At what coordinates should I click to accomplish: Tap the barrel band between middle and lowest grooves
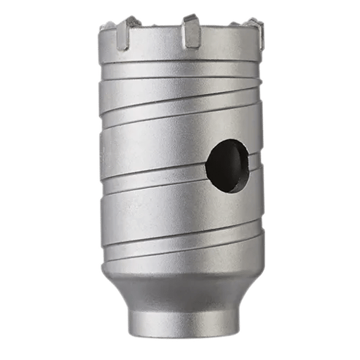tap(176, 207)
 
